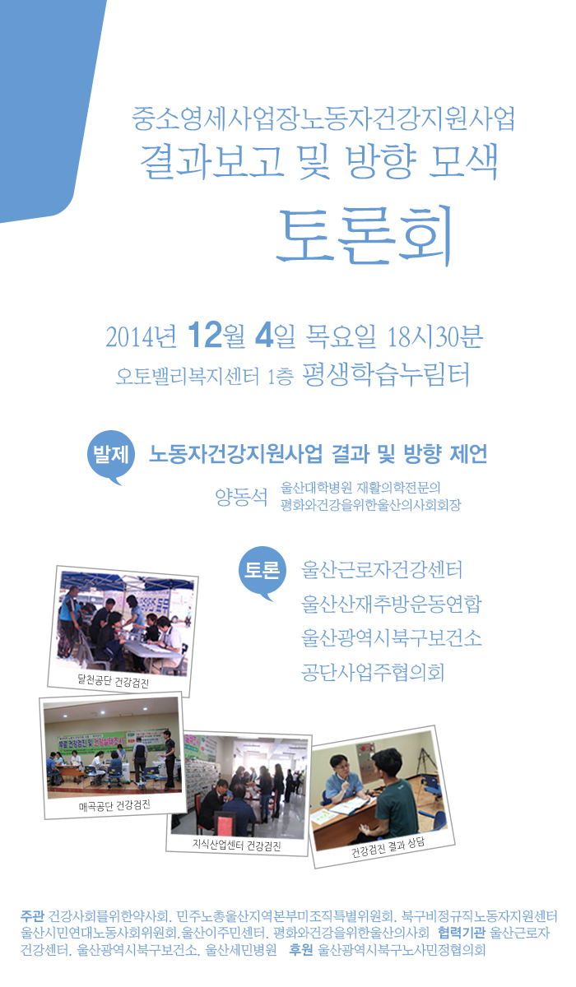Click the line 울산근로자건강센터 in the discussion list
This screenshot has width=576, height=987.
pos(383,569)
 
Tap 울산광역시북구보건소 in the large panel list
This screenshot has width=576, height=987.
pos(392,638)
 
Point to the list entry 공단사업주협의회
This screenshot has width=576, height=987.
pos(373,673)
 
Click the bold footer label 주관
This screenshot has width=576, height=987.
pos(34,915)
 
